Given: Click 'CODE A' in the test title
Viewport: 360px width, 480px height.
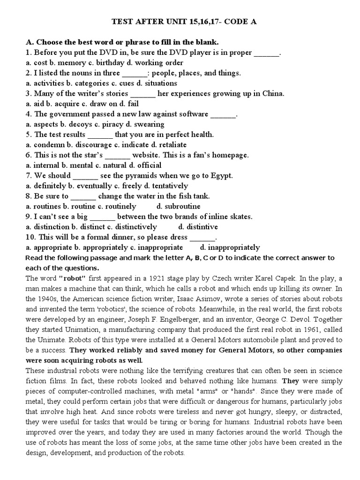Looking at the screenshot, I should pyautogui.click(x=236, y=22).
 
